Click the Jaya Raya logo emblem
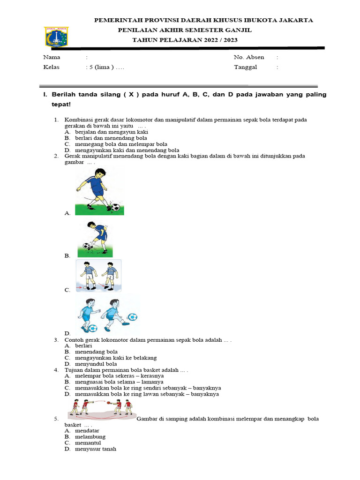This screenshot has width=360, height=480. pyautogui.click(x=56, y=36)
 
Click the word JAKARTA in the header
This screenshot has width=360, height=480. pyautogui.click(x=294, y=20)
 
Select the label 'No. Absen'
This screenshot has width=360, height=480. pyautogui.click(x=249, y=57)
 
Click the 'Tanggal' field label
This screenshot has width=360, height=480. pyautogui.click(x=246, y=67)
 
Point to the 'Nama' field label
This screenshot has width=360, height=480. pyautogui.click(x=52, y=57)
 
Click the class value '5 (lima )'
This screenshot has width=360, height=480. pyautogui.click(x=100, y=67)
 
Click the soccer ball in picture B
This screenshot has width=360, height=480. pyautogui.click(x=86, y=245)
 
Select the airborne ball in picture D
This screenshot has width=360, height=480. pyautogui.click(x=133, y=317)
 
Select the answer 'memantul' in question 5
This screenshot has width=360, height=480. pyautogui.click(x=88, y=443)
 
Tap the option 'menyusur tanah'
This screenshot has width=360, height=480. pyautogui.click(x=95, y=449)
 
